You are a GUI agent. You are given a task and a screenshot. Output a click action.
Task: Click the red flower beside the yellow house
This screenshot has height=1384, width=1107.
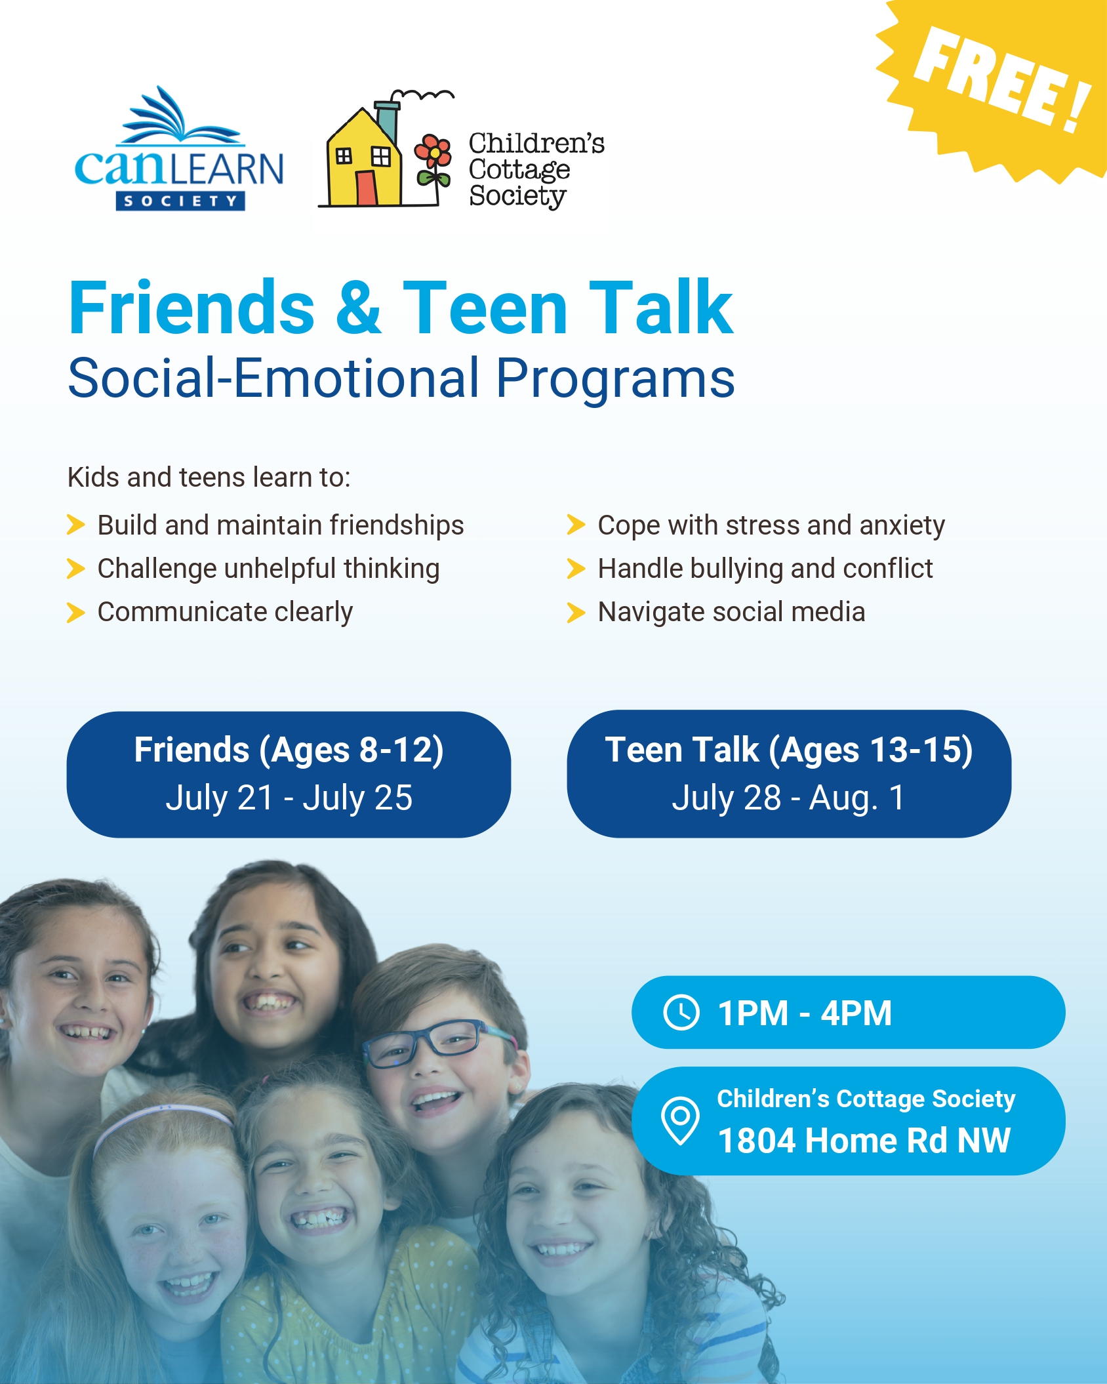click(433, 152)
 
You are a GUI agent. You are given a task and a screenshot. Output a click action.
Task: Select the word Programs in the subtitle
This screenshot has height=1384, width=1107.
click(615, 378)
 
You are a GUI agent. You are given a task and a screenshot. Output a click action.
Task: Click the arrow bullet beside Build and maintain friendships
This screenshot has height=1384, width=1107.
click(76, 525)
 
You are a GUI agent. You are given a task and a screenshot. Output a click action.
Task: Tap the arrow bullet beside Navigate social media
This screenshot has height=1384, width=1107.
click(576, 612)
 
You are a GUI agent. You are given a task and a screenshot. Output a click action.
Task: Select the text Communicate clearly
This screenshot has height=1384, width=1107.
click(225, 613)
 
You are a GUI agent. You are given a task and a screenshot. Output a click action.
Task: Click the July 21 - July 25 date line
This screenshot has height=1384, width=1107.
click(289, 798)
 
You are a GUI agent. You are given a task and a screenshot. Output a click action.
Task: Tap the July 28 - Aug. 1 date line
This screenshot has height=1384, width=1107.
click(788, 798)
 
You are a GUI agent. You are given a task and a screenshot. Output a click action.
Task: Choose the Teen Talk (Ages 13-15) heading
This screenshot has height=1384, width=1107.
click(789, 750)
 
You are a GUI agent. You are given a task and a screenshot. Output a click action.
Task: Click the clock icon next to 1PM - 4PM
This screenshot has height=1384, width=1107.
click(681, 1013)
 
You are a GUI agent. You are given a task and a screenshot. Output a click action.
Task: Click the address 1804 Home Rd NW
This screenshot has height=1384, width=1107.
click(864, 1140)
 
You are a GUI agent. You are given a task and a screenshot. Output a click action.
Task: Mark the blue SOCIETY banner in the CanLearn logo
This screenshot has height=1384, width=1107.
click(180, 201)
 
